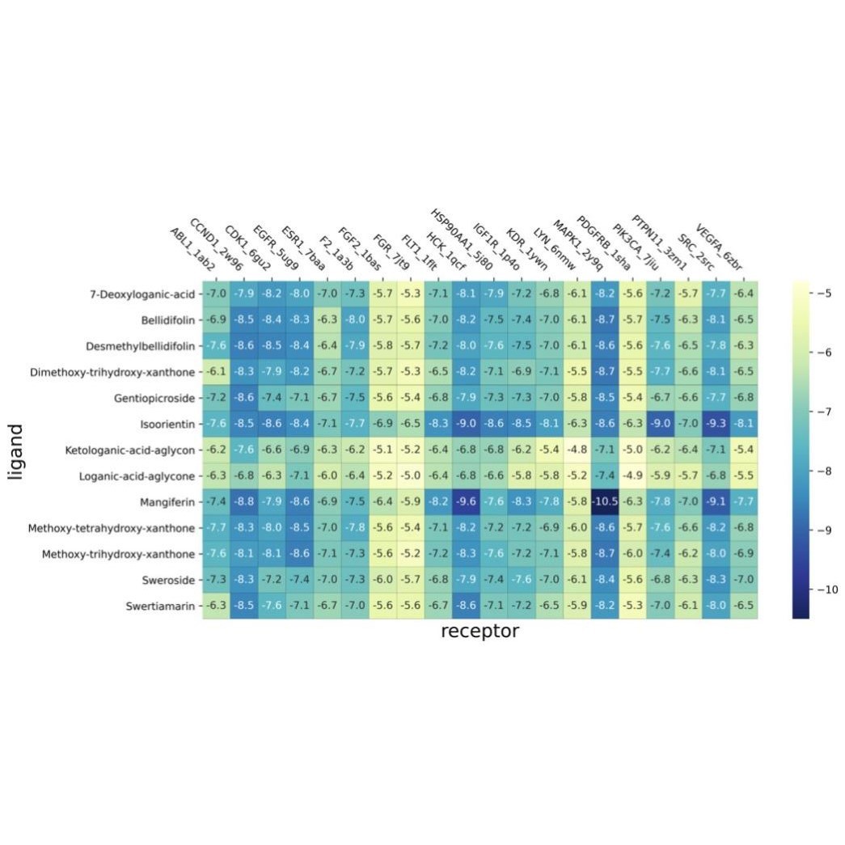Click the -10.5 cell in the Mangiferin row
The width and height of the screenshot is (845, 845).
605,502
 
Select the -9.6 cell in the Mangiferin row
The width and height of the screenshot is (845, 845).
466,502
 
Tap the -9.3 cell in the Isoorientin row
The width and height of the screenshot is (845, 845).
716,424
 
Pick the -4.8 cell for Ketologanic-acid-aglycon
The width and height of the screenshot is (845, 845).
577,450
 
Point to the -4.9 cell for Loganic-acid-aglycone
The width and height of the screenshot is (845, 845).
633,475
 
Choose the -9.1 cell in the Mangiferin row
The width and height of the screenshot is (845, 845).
716,502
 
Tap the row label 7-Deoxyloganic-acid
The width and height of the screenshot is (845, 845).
144,293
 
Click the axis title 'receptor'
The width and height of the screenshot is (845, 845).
480,632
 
